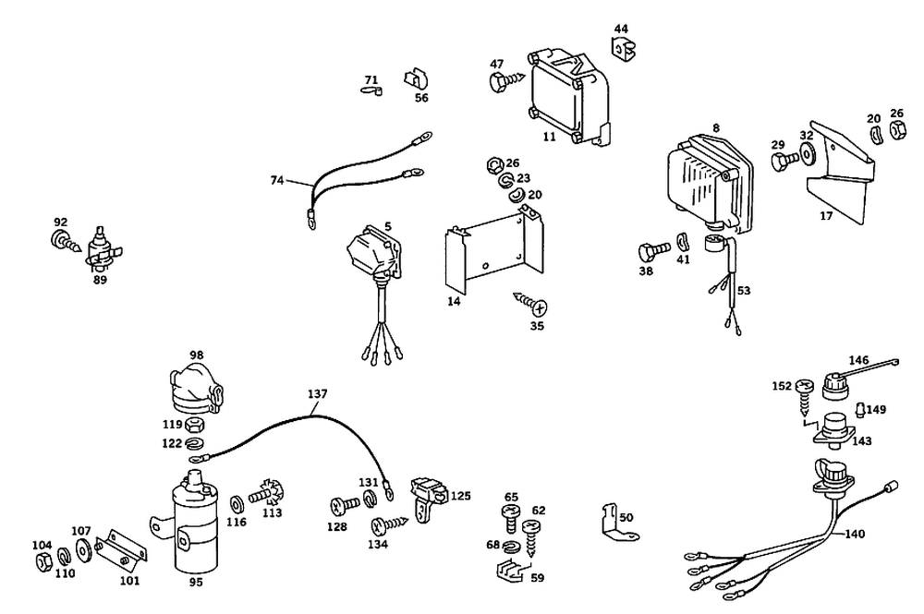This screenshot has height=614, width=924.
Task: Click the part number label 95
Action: pyautogui.click(x=196, y=582)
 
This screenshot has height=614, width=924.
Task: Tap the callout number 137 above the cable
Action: pyautogui.click(x=317, y=393)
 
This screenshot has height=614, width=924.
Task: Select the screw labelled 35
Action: pyautogui.click(x=530, y=304)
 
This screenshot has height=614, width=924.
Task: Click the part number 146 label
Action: pyautogui.click(x=859, y=359)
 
